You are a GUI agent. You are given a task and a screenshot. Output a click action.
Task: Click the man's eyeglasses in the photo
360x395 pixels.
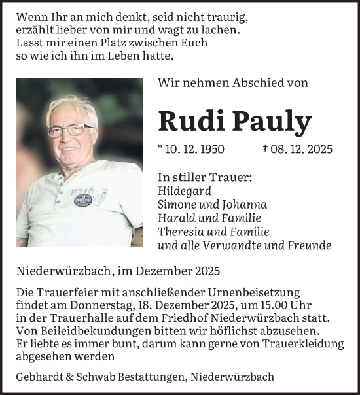coord(71,129)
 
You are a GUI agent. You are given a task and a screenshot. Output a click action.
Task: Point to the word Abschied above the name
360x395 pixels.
coord(241,83)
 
